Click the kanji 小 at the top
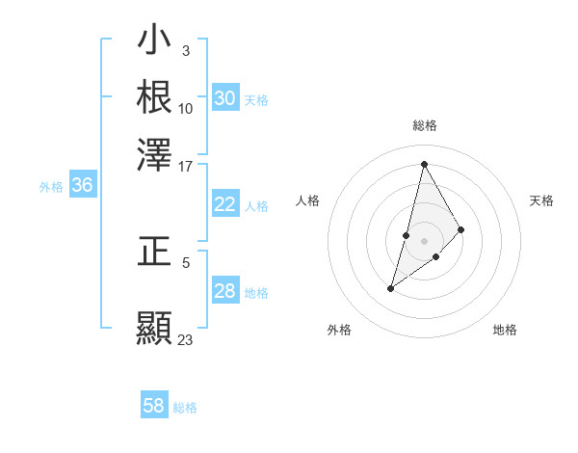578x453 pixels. pos(154,42)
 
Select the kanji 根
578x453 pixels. pos(154,96)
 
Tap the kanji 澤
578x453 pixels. pos(154,152)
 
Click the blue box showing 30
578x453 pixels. pos(225,98)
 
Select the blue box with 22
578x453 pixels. pos(225,204)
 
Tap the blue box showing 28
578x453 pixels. pos(225,291)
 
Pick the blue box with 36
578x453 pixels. pos(83,186)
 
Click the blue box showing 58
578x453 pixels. pos(154,406)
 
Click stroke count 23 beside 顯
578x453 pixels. pos(186,339)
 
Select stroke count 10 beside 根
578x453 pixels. pos(186,108)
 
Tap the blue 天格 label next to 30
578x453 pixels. pos(256,99)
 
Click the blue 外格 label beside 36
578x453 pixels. pos(51,187)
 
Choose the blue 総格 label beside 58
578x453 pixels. pos(185,407)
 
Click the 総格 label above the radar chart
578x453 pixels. pos(424,125)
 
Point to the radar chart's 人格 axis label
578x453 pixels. pos(307,200)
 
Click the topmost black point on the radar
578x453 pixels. pos(424,164)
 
